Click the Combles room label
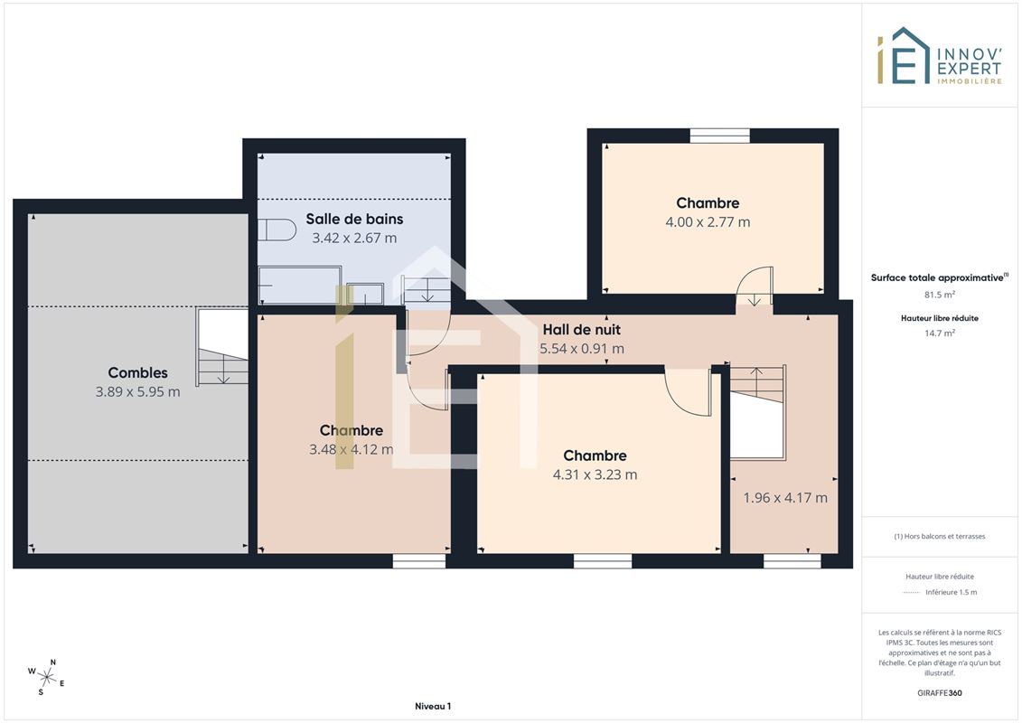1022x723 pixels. [137, 373]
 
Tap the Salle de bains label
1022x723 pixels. [354, 219]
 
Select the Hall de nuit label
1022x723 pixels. [581, 330]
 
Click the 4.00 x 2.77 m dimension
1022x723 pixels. [708, 222]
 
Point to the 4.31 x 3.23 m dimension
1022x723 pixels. [595, 474]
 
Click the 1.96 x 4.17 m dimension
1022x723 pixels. [785, 498]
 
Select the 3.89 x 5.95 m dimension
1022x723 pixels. [137, 392]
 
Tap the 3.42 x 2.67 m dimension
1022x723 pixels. [354, 238]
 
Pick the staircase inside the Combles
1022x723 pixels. [222, 347]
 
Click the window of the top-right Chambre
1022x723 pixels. [719, 136]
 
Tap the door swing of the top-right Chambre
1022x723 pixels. [755, 286]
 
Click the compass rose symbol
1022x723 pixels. [46, 678]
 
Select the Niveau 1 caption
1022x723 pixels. [433, 706]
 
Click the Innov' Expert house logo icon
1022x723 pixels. [904, 55]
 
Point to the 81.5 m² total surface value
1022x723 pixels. [939, 295]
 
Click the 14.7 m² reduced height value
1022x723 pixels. [939, 333]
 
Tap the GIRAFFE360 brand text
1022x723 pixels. [939, 693]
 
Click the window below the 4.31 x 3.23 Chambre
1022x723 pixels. [603, 560]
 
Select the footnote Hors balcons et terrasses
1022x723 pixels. [939, 537]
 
